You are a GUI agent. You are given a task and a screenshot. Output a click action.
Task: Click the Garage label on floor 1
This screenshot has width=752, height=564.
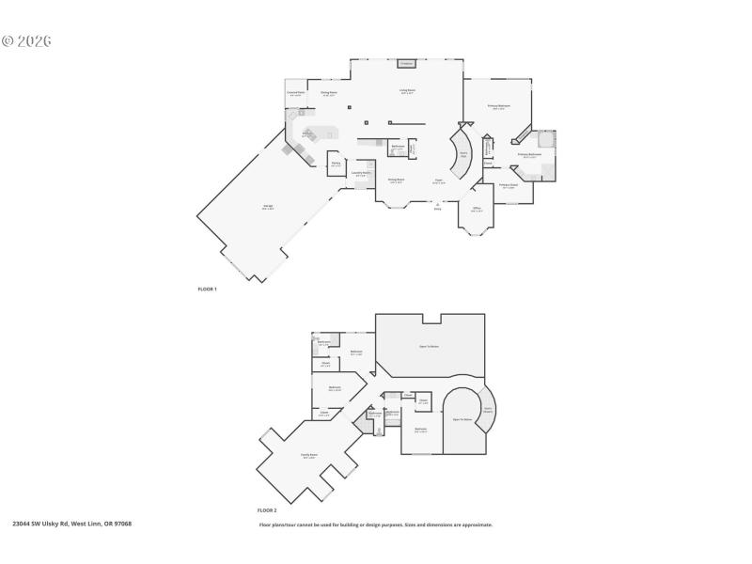click(268, 208)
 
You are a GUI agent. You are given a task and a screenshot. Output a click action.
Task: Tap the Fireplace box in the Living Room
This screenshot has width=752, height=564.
click(406, 64)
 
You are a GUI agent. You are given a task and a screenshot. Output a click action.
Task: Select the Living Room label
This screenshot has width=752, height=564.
click(408, 92)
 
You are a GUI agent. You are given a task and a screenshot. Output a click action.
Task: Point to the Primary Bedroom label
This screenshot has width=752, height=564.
click(499, 107)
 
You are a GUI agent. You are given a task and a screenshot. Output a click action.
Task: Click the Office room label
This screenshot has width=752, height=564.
click(477, 209)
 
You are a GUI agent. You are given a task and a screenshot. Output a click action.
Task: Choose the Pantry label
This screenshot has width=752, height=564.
click(336, 164)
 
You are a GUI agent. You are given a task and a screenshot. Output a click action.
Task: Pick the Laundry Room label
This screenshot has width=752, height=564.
click(361, 173)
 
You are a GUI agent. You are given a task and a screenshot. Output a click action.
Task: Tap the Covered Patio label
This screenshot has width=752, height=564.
click(295, 93)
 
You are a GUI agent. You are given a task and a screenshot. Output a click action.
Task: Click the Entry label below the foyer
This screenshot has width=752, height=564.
click(437, 209)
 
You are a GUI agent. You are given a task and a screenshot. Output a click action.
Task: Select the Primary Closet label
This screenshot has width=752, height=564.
click(509, 186)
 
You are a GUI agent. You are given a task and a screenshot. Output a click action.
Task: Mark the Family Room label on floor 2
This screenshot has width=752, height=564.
click(307, 456)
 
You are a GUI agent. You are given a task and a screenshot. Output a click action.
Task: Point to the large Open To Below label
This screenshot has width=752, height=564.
click(429, 347)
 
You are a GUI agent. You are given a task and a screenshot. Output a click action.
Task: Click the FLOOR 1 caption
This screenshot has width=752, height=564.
click(207, 289)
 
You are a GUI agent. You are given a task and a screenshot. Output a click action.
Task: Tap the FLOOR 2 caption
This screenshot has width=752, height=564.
click(269, 509)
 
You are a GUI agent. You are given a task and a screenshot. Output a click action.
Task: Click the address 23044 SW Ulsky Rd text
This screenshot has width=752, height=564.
click(71, 524)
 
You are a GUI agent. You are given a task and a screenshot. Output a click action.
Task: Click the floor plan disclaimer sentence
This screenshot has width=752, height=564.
click(376, 525)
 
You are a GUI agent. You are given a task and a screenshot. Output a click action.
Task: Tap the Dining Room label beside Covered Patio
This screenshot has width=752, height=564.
click(328, 93)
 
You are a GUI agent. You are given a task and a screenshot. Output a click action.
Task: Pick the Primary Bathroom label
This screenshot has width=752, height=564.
click(528, 155)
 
